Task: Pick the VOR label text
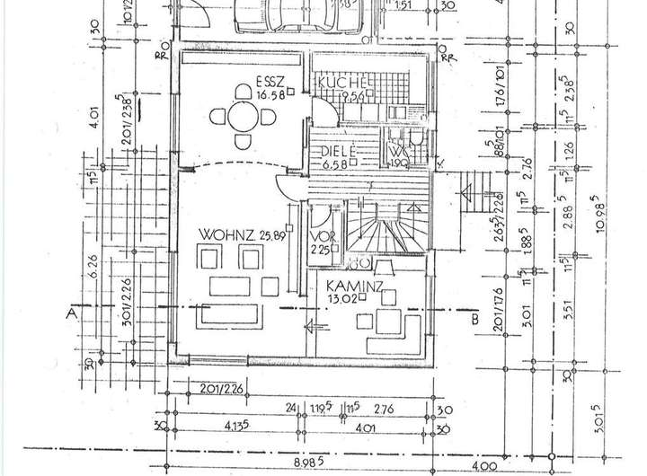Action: (x=319, y=237)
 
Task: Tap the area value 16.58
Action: (x=244, y=94)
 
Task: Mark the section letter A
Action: (x=70, y=315)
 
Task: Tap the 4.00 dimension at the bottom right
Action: (x=485, y=466)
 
